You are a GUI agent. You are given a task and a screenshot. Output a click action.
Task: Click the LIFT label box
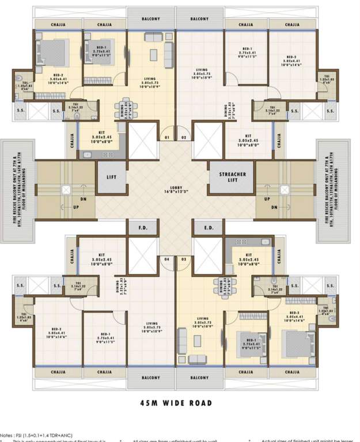tap(111, 177)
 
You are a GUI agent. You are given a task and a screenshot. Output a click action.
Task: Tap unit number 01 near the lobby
tap(166, 138)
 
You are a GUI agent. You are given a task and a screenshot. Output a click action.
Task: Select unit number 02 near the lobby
tap(184, 138)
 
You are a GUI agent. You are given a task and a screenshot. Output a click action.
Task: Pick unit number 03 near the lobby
tap(184, 260)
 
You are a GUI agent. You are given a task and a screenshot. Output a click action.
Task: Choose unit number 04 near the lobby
tap(166, 260)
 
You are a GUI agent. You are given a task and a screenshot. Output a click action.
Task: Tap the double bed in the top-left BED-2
tap(54, 53)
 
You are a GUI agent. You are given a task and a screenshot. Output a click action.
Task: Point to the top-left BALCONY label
tap(151, 18)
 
